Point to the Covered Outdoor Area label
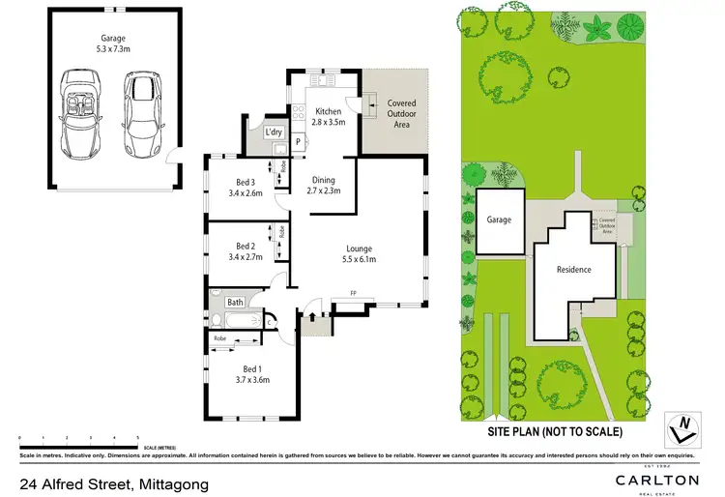[401, 115]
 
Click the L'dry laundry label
[274, 132]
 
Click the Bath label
[235, 302]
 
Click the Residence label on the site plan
[574, 270]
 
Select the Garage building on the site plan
[500, 220]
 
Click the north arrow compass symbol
[683, 424]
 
